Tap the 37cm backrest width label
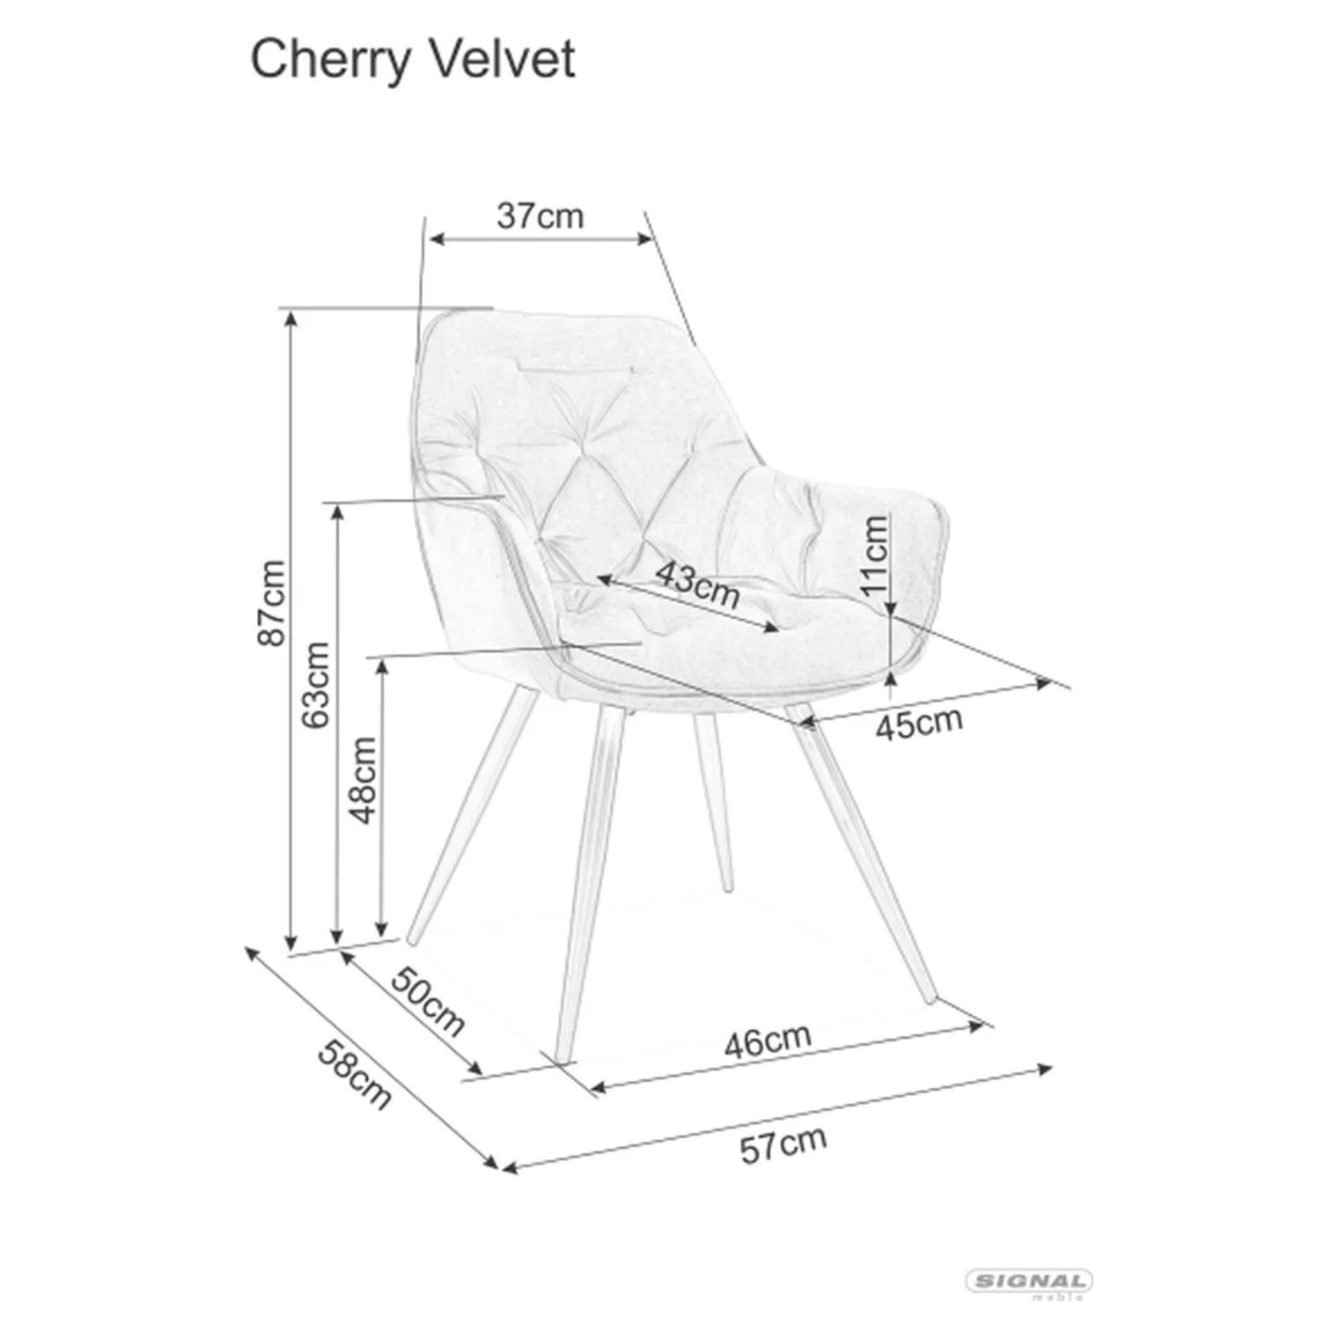point(540,216)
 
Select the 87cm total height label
point(270,602)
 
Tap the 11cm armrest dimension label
point(875,555)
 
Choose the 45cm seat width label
point(919,722)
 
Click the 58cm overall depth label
point(354,1075)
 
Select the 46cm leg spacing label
point(768,1042)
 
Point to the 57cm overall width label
point(783,1144)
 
